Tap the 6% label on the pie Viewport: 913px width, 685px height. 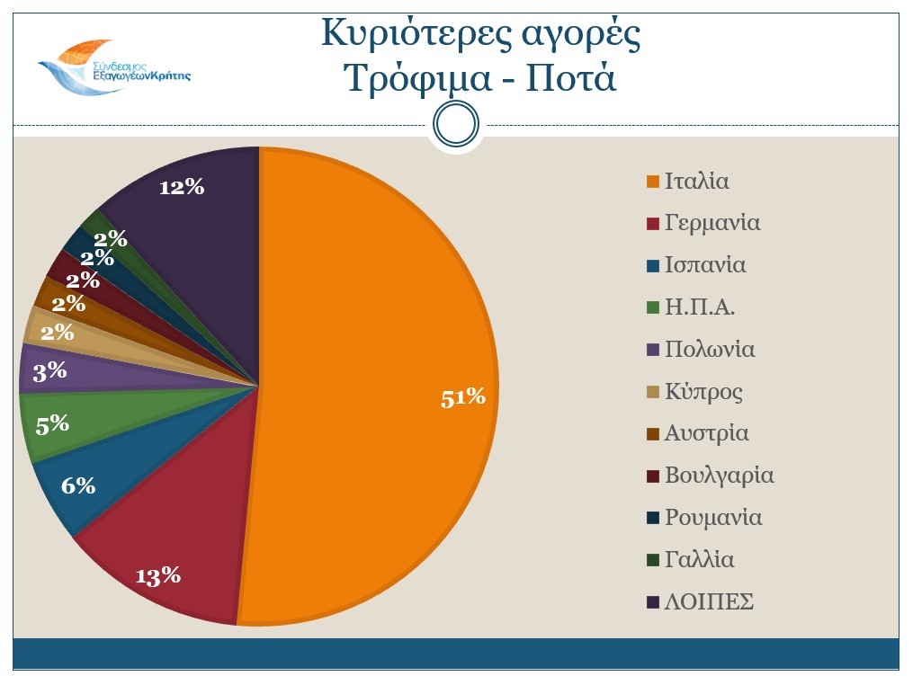pyautogui.click(x=78, y=485)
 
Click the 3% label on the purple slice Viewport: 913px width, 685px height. pyautogui.click(x=50, y=371)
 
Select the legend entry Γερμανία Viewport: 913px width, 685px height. pyautogui.click(x=712, y=223)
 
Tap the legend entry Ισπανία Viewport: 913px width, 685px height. pyautogui.click(x=704, y=265)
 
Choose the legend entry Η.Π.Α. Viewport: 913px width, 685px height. pyautogui.click(x=700, y=307)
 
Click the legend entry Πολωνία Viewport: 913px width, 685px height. pyautogui.click(x=709, y=350)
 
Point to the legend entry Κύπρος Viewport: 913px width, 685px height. pyautogui.click(x=703, y=392)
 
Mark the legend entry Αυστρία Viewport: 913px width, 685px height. pyautogui.click(x=706, y=433)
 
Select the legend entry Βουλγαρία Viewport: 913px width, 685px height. pyautogui.click(x=719, y=476)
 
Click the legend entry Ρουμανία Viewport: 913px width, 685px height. pyautogui.click(x=712, y=518)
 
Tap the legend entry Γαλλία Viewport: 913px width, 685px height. pyautogui.click(x=699, y=560)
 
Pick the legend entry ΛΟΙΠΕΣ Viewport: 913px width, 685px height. pyautogui.click(x=708, y=602)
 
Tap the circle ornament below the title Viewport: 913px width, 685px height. pyautogui.click(x=455, y=124)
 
